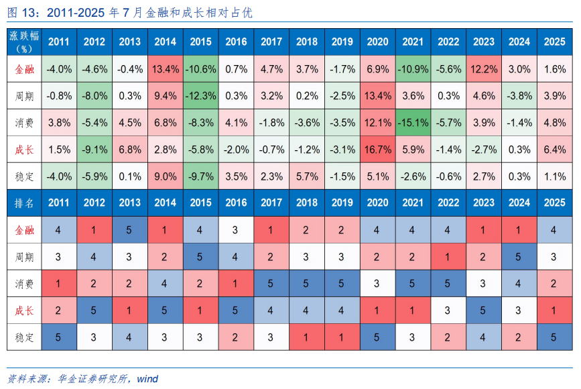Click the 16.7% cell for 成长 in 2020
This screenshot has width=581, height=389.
pos(377,150)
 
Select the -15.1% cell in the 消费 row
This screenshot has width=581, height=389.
pos(413,122)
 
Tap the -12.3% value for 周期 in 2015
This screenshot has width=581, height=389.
pos(200,96)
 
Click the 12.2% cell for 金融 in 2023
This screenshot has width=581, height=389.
pos(484,69)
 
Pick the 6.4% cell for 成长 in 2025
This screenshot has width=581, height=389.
pos(555,150)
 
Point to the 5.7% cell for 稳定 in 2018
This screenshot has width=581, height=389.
pos(307,176)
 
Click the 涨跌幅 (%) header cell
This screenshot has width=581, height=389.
pos(24,42)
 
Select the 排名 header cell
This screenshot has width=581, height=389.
pos(24,203)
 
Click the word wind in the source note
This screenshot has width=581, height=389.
pos(147,379)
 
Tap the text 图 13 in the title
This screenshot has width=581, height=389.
pos(22,13)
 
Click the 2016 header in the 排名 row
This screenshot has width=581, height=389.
pos(236,203)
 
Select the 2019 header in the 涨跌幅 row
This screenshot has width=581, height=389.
pos(342,42)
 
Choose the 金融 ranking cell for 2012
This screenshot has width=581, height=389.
pos(94,230)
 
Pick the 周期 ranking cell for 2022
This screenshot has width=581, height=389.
pos(448,257)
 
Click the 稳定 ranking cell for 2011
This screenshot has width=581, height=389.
pos(59,337)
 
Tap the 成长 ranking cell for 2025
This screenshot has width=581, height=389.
pos(555,311)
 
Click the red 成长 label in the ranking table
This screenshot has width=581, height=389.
pos(24,311)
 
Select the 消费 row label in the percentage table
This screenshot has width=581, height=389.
pos(24,122)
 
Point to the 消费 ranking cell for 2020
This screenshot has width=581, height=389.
pos(377,284)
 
